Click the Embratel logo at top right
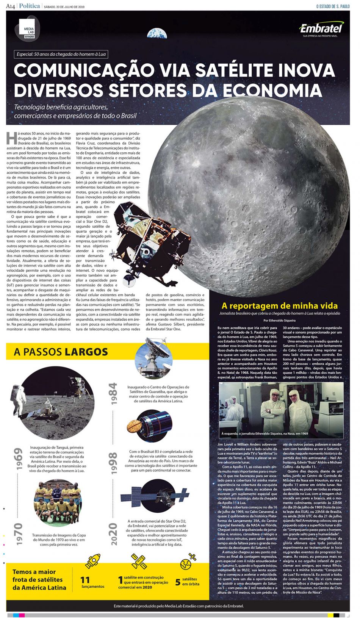[x=321, y=28]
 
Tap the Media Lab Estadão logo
[x=29, y=29]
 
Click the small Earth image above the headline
[x=157, y=33]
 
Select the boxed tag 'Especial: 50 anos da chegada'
[x=61, y=54]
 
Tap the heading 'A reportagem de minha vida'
[x=279, y=305]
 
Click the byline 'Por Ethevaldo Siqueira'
[x=279, y=320]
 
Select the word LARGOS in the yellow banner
[x=86, y=352]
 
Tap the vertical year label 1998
[x=113, y=463]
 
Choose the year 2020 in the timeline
[x=113, y=534]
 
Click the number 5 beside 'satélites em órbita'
[x=177, y=582]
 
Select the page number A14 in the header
[x=10, y=6]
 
